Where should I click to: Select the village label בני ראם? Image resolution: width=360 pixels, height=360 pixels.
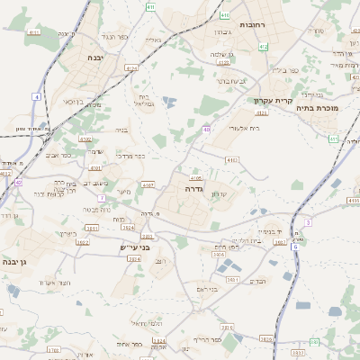(208, 289)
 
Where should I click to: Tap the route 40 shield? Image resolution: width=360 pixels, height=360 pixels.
(206, 130)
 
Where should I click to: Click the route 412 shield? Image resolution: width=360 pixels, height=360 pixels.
(263, 47)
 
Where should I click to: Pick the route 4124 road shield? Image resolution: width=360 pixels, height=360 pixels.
(132, 67)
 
